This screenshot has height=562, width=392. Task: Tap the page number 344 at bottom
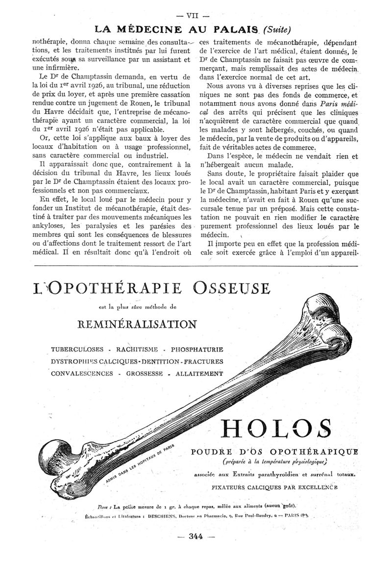[x=196, y=536]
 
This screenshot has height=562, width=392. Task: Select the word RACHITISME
[x=137, y=350]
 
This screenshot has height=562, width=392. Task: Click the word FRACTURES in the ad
[x=202, y=362]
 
